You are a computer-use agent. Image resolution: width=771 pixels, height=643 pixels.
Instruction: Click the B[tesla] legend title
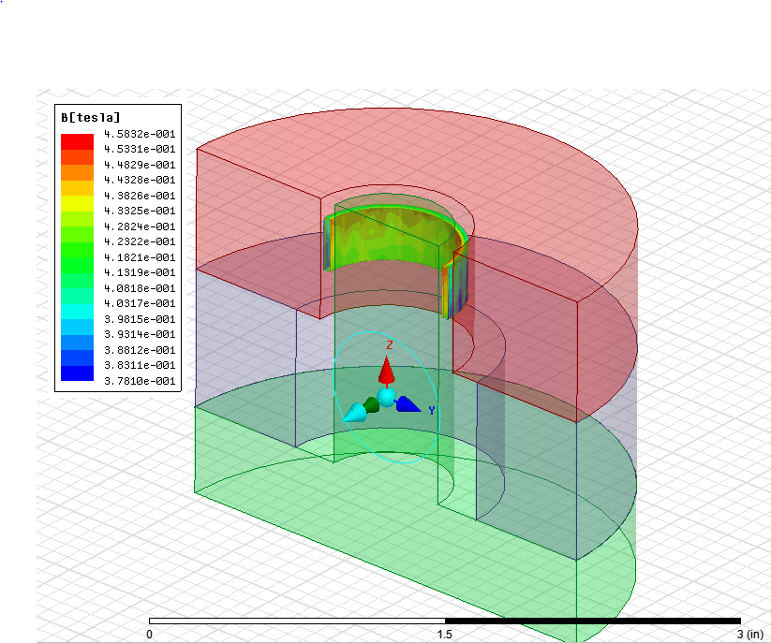pyautogui.click(x=91, y=117)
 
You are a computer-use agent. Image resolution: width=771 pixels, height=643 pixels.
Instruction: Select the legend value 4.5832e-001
pyautogui.click(x=140, y=133)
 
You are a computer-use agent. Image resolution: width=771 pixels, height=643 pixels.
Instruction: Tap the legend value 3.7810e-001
pyautogui.click(x=140, y=381)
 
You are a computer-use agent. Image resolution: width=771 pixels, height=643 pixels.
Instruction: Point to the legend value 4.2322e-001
pyautogui.click(x=140, y=241)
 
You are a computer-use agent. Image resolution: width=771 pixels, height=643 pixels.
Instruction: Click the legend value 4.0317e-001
pyautogui.click(x=140, y=303)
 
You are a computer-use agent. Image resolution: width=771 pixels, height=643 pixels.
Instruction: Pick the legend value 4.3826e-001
pyautogui.click(x=140, y=195)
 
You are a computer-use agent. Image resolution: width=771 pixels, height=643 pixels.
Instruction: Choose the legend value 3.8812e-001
pyautogui.click(x=140, y=350)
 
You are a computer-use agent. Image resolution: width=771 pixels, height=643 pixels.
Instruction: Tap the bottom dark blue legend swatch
pyautogui.click(x=77, y=373)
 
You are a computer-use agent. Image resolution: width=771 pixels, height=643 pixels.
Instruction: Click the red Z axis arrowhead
pyautogui.click(x=386, y=371)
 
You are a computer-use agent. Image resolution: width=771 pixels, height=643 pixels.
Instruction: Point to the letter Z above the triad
pyautogui.click(x=390, y=345)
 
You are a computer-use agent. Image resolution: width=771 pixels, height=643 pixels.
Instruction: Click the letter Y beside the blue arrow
pyautogui.click(x=432, y=410)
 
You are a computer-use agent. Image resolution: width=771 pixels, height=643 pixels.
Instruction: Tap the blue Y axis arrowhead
pyautogui.click(x=408, y=404)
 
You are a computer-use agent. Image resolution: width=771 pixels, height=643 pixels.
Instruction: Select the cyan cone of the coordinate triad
pyautogui.click(x=354, y=413)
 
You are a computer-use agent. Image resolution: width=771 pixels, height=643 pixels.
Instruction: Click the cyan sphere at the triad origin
pyautogui.click(x=386, y=397)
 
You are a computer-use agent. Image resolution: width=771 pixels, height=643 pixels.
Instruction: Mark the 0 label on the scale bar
pyautogui.click(x=150, y=634)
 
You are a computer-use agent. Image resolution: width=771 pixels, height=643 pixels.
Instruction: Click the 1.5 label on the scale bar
pyautogui.click(x=445, y=634)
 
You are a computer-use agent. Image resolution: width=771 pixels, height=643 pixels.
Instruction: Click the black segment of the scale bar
pyautogui.click(x=592, y=620)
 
